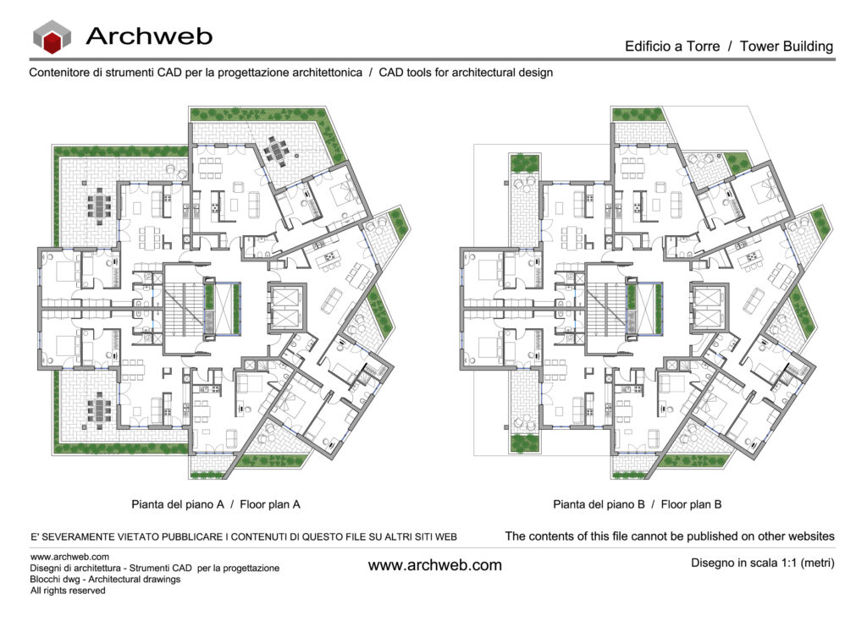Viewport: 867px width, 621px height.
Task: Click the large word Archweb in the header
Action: tap(149, 36)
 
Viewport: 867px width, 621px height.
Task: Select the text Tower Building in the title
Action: tap(787, 47)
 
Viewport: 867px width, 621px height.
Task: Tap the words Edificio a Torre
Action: tap(671, 47)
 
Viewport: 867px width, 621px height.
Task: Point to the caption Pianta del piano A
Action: tap(177, 504)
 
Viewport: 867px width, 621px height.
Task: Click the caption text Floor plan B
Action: tap(692, 504)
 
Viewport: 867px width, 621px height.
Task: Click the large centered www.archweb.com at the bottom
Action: tap(434, 565)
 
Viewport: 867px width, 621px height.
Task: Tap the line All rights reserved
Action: tap(68, 591)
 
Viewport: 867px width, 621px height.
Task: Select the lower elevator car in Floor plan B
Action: tap(705, 319)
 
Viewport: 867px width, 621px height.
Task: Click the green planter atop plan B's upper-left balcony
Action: tap(524, 163)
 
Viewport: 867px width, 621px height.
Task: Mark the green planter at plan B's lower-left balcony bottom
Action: tap(524, 442)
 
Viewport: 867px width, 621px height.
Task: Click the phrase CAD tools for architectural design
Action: tap(466, 73)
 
